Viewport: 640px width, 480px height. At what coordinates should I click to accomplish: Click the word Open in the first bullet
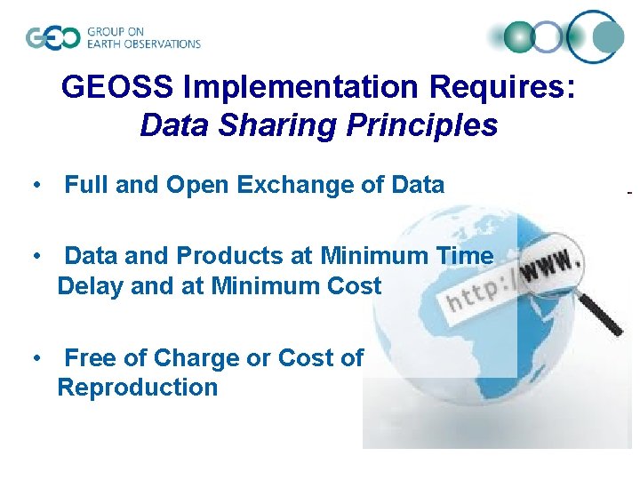(x=196, y=185)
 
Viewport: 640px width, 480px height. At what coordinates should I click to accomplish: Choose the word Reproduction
(x=137, y=388)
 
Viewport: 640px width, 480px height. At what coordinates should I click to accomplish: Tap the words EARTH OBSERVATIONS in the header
(x=143, y=44)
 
